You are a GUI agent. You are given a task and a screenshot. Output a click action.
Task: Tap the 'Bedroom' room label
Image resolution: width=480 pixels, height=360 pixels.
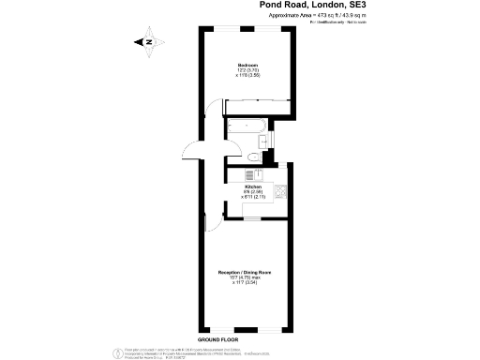(x=247, y=65)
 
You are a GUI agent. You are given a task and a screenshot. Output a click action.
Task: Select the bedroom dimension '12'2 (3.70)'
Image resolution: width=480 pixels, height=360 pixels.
(x=247, y=70)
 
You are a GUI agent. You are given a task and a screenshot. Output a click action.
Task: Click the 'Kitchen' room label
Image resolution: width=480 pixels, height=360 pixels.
(x=254, y=187)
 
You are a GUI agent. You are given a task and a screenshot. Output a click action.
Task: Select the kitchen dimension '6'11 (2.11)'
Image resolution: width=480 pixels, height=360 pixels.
(x=254, y=198)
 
